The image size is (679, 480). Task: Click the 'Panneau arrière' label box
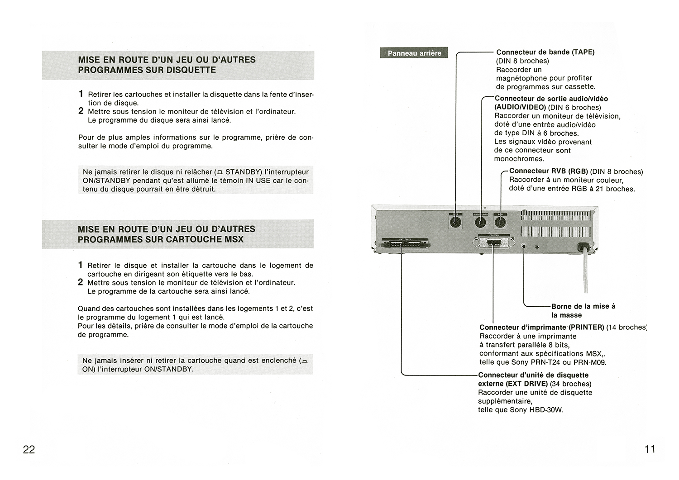(x=414, y=53)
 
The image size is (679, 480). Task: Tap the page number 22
(x=29, y=449)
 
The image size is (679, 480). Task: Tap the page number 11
(x=650, y=449)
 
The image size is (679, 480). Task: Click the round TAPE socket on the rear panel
(x=456, y=222)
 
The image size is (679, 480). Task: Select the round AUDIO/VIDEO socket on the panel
(x=480, y=222)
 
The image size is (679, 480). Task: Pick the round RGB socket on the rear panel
(x=500, y=222)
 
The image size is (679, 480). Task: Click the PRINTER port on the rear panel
(x=494, y=243)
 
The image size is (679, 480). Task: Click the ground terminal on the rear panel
(x=524, y=247)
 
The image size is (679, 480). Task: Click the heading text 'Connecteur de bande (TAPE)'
(x=545, y=52)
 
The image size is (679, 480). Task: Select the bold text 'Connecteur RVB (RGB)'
(x=548, y=171)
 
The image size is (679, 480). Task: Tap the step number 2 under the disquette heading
(x=81, y=111)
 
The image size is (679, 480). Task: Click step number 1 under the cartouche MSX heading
(x=81, y=265)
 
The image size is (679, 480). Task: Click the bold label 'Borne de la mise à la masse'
(x=583, y=310)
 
